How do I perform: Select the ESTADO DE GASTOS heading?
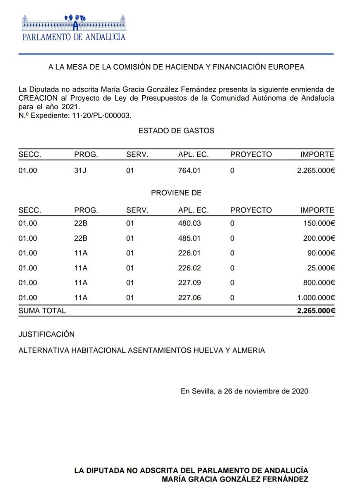(x=176, y=130)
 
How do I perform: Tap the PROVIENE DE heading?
(x=176, y=193)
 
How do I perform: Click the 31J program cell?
(x=81, y=170)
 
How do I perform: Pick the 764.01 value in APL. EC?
(x=189, y=170)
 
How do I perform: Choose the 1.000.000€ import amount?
(x=315, y=298)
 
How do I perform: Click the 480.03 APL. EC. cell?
(x=189, y=223)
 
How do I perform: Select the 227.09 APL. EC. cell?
(x=189, y=283)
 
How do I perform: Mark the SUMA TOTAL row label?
(x=42, y=311)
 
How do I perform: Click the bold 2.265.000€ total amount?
(x=316, y=311)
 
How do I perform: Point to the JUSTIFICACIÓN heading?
(x=47, y=334)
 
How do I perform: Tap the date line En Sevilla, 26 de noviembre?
(x=244, y=391)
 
